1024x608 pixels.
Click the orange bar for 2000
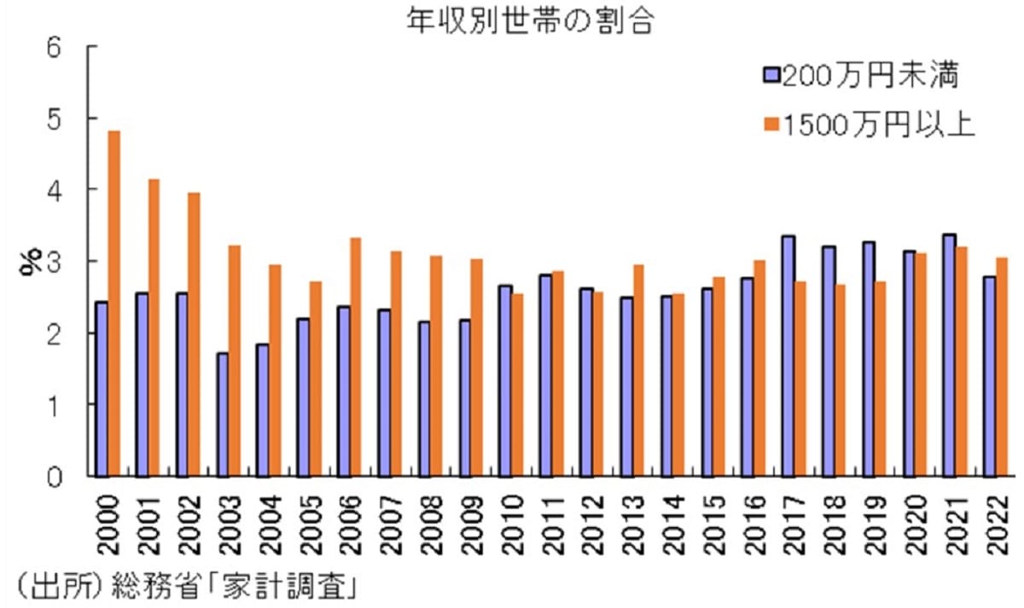113,304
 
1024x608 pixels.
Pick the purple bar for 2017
788,356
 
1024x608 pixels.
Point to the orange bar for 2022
1002,367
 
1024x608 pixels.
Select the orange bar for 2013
638,370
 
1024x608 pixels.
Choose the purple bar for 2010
506,380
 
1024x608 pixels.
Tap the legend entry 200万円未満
862,78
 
